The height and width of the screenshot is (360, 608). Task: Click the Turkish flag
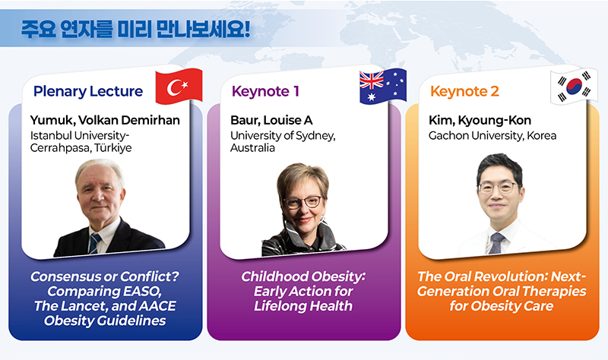(x=179, y=87)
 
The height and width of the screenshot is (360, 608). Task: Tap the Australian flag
(x=383, y=87)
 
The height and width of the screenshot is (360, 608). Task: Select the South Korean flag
(x=574, y=87)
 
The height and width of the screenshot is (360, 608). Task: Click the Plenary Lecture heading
(x=88, y=91)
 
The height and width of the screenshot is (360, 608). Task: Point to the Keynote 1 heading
(x=265, y=91)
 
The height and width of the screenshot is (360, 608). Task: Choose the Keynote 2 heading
(x=464, y=91)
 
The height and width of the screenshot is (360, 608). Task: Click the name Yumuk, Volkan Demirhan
(x=105, y=121)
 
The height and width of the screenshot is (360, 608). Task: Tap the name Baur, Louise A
(x=271, y=121)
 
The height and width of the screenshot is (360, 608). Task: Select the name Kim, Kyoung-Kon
(x=480, y=121)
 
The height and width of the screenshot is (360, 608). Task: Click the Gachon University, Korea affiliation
(x=492, y=136)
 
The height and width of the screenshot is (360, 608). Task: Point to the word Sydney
(x=315, y=136)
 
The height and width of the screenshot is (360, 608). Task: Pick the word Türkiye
(x=113, y=148)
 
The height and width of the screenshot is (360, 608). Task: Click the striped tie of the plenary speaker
(x=94, y=243)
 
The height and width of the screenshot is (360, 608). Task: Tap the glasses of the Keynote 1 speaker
(x=302, y=202)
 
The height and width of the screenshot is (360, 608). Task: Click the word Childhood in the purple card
(x=275, y=276)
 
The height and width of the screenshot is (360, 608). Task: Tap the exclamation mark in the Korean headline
(x=248, y=29)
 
